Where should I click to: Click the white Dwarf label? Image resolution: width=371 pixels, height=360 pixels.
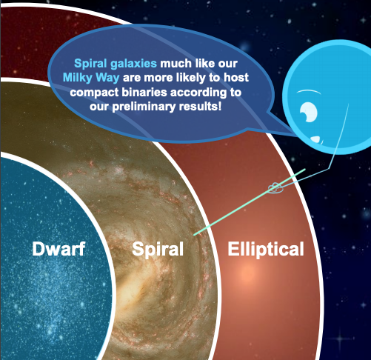[59, 249]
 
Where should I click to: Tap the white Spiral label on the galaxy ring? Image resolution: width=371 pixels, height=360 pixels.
[158, 250]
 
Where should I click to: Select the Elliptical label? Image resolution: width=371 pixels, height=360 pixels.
[266, 250]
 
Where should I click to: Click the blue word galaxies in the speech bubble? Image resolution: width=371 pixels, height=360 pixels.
[133, 64]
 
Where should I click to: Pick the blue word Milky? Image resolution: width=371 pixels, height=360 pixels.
[78, 78]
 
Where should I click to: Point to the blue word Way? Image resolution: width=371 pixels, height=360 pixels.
[107, 79]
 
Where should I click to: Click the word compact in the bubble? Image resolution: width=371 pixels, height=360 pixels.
[94, 93]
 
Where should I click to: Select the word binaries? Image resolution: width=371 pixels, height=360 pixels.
[144, 93]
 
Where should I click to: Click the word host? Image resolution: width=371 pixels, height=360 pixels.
[236, 78]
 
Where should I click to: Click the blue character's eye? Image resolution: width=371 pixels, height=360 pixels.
[308, 112]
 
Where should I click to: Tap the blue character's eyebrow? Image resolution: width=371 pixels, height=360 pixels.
[309, 92]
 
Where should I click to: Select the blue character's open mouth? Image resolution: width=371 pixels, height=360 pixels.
[317, 140]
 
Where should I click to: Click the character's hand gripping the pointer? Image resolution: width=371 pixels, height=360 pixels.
[275, 188]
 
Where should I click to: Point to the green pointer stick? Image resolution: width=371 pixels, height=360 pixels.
[250, 202]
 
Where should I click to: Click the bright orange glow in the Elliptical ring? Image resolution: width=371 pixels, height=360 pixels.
[246, 273]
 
